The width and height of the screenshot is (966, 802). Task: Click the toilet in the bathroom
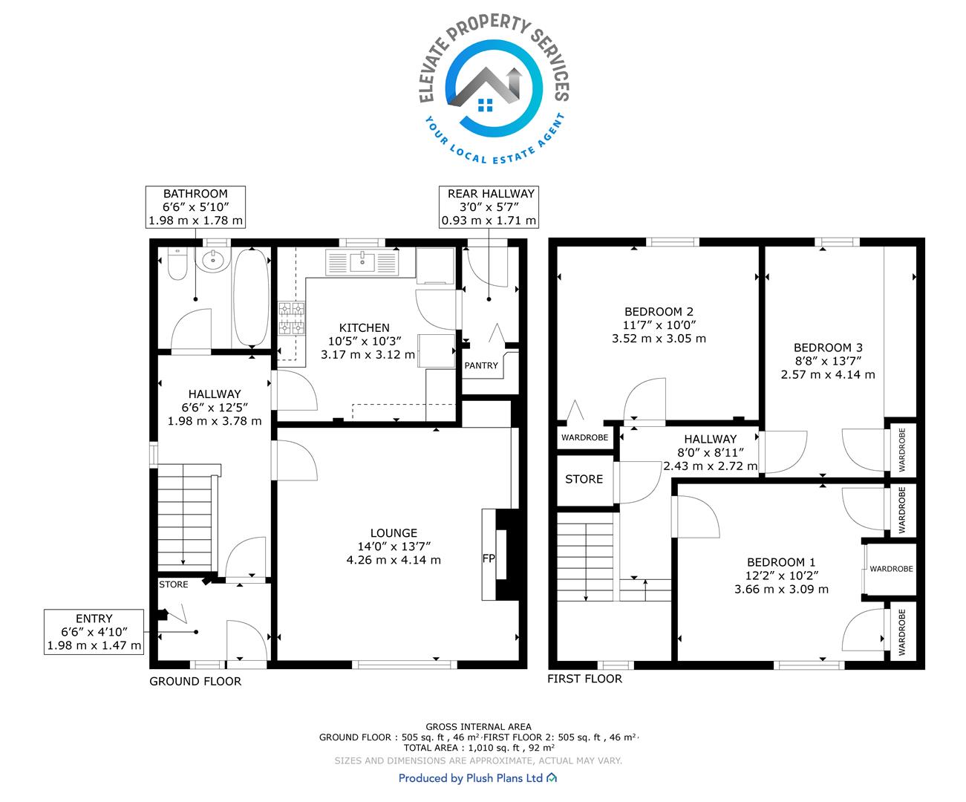pos(177,264)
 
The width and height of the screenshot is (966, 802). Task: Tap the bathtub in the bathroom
pos(251,298)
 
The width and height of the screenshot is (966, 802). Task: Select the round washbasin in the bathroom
pos(213,260)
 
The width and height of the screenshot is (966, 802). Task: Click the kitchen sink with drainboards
pos(362,262)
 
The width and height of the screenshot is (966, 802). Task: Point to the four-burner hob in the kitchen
pos(292,318)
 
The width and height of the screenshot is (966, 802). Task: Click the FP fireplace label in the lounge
pos(489,558)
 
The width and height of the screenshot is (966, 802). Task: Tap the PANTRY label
pos(481,365)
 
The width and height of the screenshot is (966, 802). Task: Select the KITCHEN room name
pos(364,328)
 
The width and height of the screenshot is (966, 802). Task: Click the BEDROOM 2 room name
pos(659,312)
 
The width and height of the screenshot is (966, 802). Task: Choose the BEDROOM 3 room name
pos(828,348)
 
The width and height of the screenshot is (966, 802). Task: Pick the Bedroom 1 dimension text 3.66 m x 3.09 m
pos(781,589)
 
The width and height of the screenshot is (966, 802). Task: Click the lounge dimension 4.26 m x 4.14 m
pos(394,560)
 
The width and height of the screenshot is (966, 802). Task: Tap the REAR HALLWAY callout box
pos(489,207)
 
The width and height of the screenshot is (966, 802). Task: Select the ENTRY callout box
pos(94,632)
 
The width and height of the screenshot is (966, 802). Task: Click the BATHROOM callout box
pos(195,207)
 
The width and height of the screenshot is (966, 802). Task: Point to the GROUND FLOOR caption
pos(195,681)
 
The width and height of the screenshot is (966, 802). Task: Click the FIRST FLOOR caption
pos(585,679)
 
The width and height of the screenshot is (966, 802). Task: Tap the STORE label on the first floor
pos(584,479)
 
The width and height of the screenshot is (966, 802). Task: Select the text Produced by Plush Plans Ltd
pos(471,778)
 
